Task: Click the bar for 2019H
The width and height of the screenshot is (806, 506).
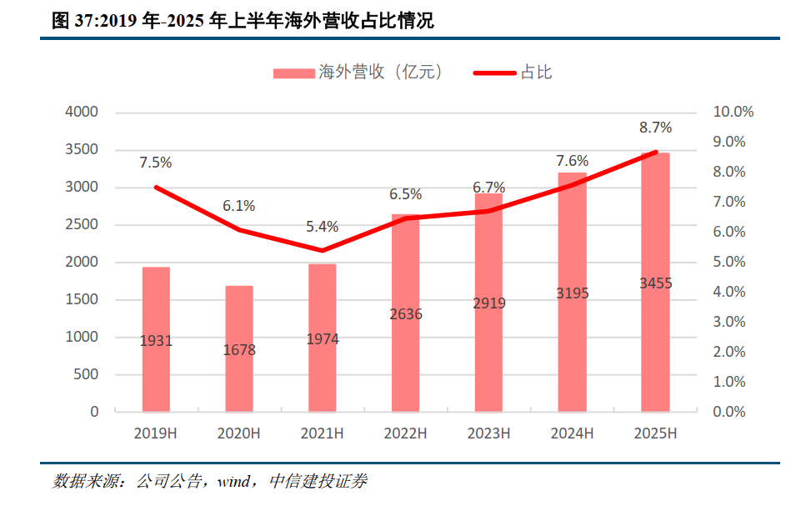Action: coord(156,339)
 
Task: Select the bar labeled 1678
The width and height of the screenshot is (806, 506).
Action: coord(239,348)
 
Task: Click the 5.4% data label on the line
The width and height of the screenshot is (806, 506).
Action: coord(323,226)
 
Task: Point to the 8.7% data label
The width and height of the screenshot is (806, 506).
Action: coord(655,128)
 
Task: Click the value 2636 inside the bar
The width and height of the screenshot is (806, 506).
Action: coord(406,314)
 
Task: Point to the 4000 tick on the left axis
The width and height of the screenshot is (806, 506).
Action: coord(83,112)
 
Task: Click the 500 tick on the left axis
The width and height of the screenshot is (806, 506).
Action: coord(88,374)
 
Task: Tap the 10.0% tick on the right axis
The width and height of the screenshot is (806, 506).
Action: coord(733,112)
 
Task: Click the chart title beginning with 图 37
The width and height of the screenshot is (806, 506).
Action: coord(243,22)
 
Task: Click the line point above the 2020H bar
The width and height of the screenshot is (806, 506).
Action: coord(239,229)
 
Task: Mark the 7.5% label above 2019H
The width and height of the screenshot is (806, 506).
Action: coord(156,163)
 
